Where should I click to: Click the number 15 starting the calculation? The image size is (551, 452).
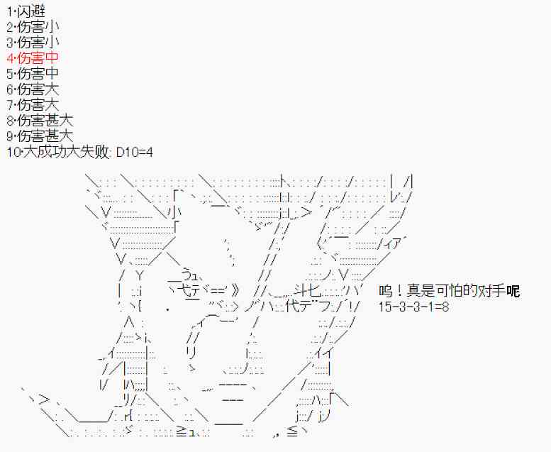pos(385,307)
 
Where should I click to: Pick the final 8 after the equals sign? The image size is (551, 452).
pos(444,307)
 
